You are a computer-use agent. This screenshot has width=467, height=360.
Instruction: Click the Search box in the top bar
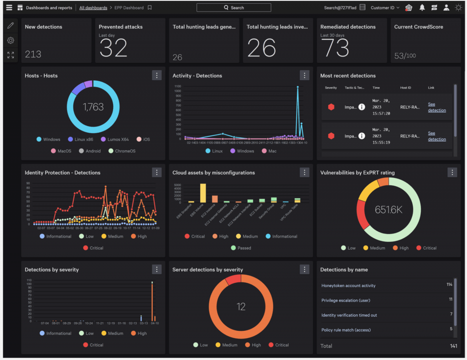(233, 8)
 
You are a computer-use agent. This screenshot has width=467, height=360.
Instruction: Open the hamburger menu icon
(9, 8)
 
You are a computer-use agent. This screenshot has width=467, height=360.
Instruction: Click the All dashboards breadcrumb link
(93, 8)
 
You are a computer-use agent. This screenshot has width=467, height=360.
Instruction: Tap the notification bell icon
(422, 8)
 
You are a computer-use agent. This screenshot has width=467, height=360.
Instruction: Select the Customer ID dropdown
(385, 8)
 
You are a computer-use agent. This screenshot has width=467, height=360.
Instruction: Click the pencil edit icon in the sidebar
(10, 26)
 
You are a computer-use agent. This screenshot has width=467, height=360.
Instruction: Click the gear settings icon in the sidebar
(10, 40)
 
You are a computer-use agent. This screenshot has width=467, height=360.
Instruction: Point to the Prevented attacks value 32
(113, 48)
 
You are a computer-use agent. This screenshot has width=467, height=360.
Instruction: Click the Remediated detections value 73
(335, 48)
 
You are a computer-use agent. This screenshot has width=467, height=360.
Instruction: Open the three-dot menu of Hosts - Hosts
(156, 76)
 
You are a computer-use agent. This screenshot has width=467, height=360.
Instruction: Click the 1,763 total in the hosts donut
(93, 107)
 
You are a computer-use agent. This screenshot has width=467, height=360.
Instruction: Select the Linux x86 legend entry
(83, 140)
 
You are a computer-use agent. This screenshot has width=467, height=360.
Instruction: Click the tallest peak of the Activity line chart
(298, 87)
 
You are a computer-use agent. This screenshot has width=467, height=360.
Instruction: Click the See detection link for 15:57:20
(436, 107)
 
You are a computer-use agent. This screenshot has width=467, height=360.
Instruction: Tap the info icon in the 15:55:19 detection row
(362, 136)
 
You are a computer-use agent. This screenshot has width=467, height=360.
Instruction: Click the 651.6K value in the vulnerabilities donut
(388, 209)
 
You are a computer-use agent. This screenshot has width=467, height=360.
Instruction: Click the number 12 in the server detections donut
(241, 307)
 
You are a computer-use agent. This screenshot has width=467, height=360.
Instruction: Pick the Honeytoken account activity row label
(348, 286)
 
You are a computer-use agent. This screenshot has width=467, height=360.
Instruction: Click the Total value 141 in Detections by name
(453, 346)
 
